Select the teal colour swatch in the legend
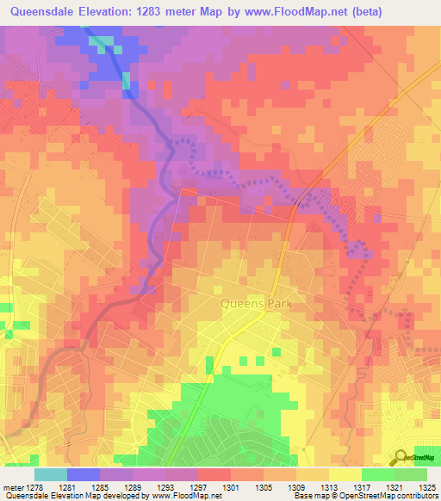click(x=51, y=474)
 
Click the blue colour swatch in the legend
click(x=84, y=474)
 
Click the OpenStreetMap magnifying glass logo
click(x=401, y=457)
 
